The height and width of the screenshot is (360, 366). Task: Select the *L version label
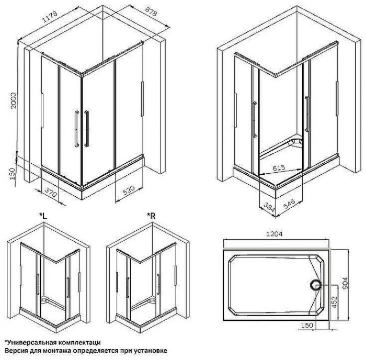(x=43, y=216)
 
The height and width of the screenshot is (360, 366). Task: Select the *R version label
(x=152, y=216)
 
